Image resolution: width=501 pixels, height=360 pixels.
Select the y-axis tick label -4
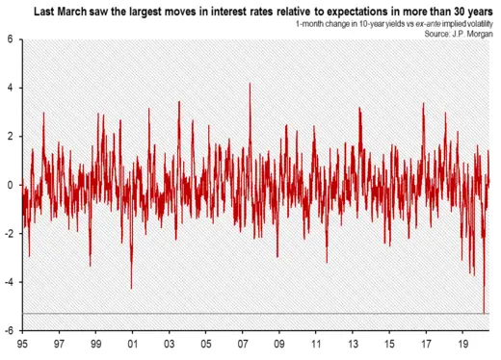(9, 282)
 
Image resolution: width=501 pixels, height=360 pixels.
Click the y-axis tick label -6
(9, 330)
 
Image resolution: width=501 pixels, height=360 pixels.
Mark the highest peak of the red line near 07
(250, 84)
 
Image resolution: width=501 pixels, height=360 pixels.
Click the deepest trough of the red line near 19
(484, 312)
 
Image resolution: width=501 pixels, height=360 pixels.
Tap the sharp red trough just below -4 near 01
(131, 288)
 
